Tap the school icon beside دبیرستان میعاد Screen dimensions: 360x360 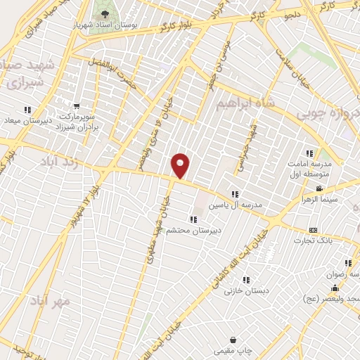[27, 110]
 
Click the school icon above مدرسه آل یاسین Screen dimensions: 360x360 [235, 194]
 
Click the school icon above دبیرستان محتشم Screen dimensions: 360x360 [193, 219]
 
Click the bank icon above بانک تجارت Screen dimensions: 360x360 [313, 230]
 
